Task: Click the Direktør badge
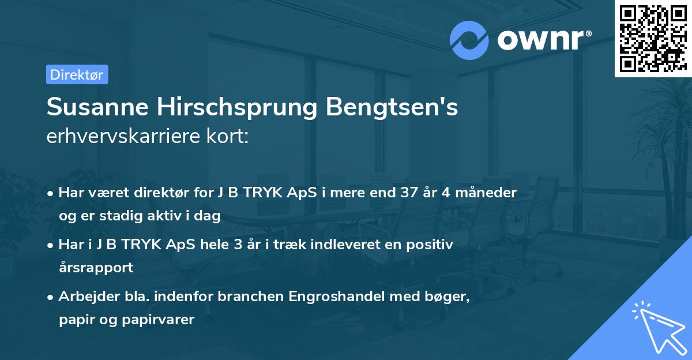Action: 77,74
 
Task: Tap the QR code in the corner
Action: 652,38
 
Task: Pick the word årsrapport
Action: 96,268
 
